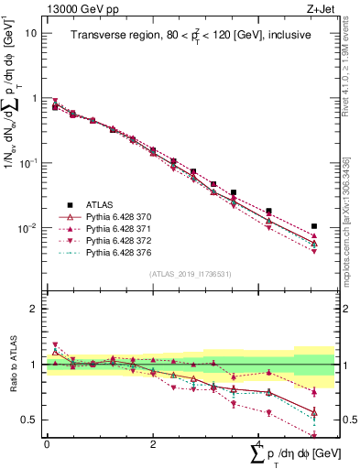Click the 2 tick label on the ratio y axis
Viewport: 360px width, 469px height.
click(x=33, y=309)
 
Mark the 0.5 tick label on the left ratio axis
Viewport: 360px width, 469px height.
click(x=29, y=420)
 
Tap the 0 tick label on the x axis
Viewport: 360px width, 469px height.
click(x=47, y=444)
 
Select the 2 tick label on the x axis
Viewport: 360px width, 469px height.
click(x=151, y=444)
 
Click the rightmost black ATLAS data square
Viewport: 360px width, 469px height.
click(x=314, y=225)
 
